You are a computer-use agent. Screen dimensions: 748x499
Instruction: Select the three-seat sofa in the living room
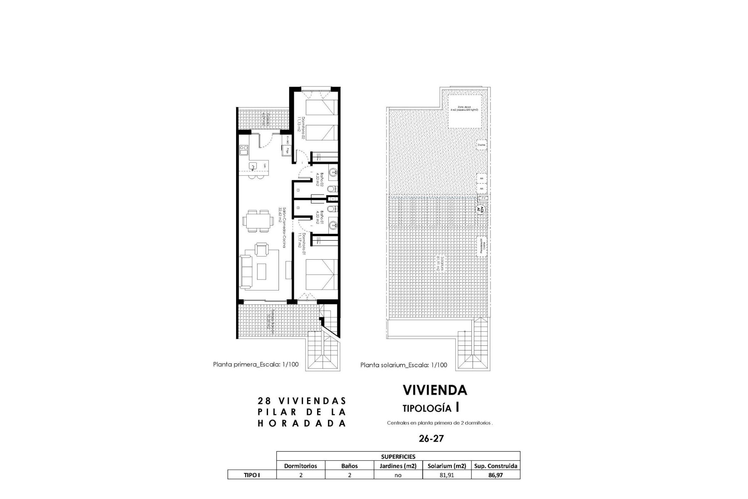click(x=245, y=272)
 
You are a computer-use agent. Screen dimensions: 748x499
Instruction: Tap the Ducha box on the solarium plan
click(x=482, y=145)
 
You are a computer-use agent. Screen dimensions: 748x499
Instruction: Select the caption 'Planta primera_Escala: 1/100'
click(x=256, y=365)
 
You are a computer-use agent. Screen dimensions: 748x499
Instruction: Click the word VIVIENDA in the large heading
click(x=434, y=390)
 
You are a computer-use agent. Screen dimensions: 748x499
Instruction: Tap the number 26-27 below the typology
click(x=431, y=439)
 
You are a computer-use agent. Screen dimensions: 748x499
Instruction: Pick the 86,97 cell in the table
click(x=496, y=475)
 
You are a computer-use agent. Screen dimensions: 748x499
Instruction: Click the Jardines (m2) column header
click(x=398, y=465)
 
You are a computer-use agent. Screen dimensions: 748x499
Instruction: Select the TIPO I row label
click(x=252, y=475)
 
